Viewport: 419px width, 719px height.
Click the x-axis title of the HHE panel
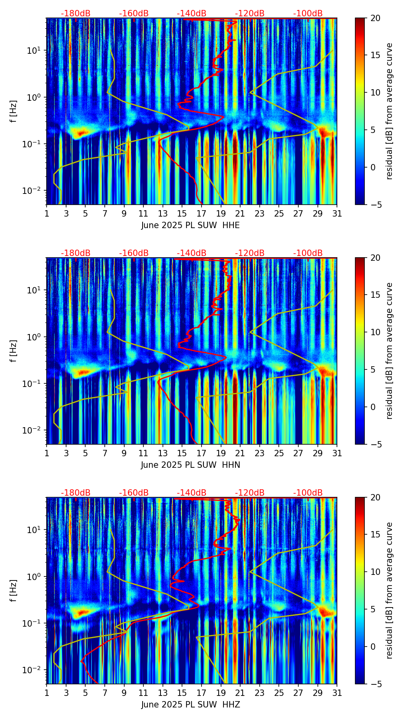click(x=190, y=225)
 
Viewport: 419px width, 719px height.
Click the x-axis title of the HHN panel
click(x=190, y=465)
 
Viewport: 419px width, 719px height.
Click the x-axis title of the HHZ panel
click(x=190, y=705)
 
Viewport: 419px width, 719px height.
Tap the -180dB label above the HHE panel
click(x=76, y=14)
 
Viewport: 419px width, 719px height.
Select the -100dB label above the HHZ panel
click(x=308, y=493)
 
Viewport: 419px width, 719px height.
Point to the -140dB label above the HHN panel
click(x=192, y=253)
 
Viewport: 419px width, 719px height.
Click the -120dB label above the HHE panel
click(x=250, y=14)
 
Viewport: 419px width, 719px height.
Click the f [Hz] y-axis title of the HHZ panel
click(x=14, y=590)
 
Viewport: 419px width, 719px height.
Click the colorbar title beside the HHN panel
click(x=389, y=351)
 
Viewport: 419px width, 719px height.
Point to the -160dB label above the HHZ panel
click(x=134, y=493)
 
